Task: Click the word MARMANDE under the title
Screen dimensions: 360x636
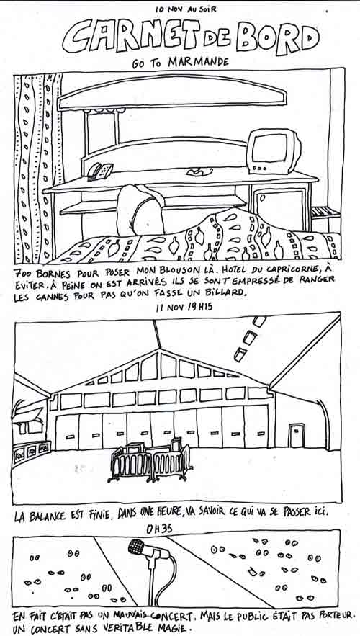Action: [198, 62]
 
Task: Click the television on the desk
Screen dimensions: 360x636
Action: [274, 151]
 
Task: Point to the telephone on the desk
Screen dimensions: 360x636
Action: [100, 171]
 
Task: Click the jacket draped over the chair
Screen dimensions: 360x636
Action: [140, 210]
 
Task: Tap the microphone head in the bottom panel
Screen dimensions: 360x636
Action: [138, 547]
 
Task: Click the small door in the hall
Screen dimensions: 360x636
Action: [297, 436]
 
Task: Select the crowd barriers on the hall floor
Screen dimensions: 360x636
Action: [150, 459]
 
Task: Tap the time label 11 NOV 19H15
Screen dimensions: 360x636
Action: [184, 307]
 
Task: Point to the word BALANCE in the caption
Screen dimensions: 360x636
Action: [48, 516]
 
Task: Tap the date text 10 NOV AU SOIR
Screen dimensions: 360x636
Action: [186, 9]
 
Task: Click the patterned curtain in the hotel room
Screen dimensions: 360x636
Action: [37, 168]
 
